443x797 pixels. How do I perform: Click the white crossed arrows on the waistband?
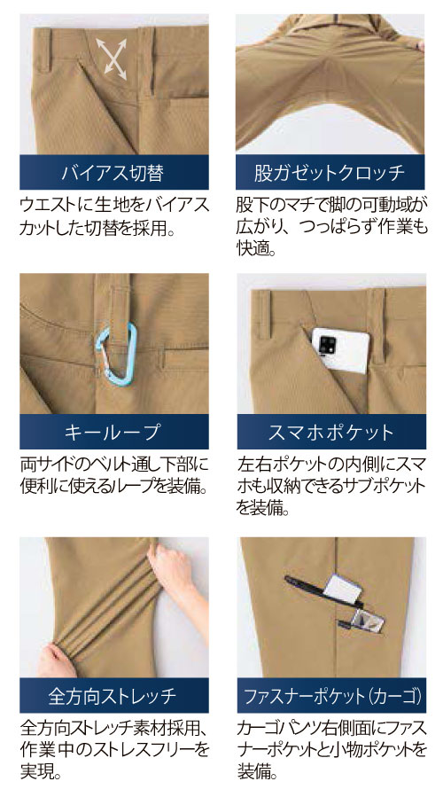coord(112,59)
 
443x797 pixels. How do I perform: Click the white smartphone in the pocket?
coord(340,350)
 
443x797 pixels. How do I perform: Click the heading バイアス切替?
coord(113,173)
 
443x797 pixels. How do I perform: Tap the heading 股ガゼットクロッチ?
coord(330,173)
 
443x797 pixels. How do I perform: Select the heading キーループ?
coord(113,432)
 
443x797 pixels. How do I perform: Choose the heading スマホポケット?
coord(330,432)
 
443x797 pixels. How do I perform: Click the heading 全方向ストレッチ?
coord(113,695)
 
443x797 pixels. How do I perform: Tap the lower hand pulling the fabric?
coord(57,660)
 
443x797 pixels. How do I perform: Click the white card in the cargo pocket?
coord(342,590)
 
